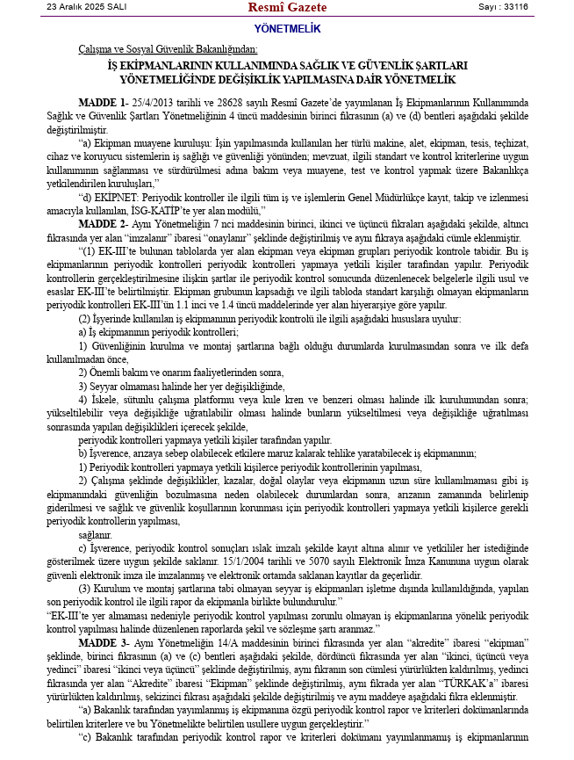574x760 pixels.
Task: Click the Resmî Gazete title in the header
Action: [287, 8]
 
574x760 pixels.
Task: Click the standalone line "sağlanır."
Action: [96, 533]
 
